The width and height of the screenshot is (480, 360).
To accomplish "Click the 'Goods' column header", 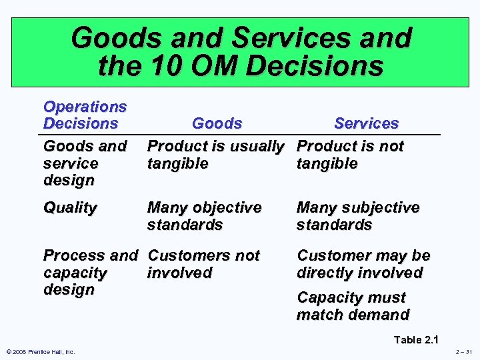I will (217, 123).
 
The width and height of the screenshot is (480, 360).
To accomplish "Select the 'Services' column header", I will (366, 123).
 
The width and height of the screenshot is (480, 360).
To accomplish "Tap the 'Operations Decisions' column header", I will (85, 115).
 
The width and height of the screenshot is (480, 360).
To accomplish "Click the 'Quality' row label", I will (69, 207).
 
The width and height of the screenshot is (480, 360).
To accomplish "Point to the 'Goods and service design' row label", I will (85, 163).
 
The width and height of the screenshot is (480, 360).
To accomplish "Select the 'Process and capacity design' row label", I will (90, 273).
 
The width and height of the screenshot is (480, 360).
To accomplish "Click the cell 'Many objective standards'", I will (204, 216).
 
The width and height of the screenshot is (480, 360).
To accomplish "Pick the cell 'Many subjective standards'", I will (357, 216).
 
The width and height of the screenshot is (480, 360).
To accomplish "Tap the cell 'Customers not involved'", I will (203, 264).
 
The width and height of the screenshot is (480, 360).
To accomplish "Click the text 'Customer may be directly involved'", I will (363, 264).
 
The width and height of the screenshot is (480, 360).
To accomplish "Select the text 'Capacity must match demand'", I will (353, 306).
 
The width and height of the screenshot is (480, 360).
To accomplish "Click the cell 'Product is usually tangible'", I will (215, 155).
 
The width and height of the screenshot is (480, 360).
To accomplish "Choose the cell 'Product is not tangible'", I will (349, 155).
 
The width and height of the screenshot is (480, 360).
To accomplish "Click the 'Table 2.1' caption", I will (417, 340).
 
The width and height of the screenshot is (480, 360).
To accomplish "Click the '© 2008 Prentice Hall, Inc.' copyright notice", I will (39, 352).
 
